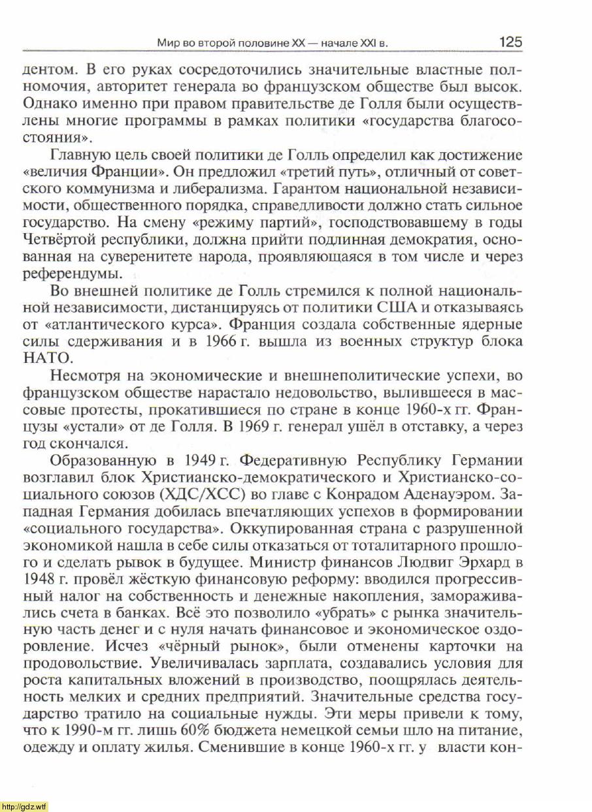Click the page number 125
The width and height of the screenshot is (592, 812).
pyautogui.click(x=511, y=42)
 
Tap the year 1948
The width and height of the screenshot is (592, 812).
pyautogui.click(x=38, y=580)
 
